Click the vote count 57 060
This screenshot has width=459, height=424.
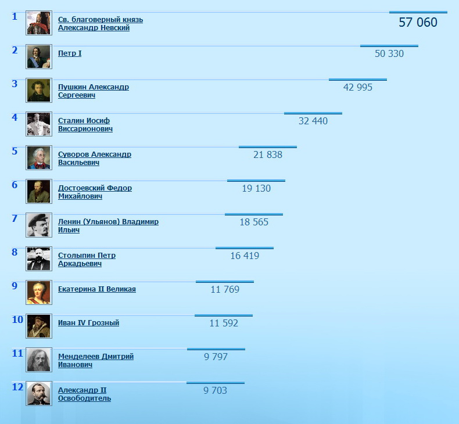tap(418, 23)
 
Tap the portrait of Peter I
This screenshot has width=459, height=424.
tap(39, 57)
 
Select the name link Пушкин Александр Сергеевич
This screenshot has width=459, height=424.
tap(93, 91)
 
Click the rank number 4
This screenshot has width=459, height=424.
tap(15, 117)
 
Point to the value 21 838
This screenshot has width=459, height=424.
tap(268, 155)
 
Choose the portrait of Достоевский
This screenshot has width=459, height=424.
tap(39, 192)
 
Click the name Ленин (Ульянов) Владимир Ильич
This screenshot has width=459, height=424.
tap(107, 225)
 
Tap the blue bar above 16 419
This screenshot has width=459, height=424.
tap(245, 248)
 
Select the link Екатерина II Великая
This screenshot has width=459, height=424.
tap(97, 289)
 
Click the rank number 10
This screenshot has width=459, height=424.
tap(17, 319)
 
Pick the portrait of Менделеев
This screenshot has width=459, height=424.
tap(39, 360)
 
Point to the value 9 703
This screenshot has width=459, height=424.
tap(215, 391)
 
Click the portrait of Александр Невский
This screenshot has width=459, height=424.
tap(39, 23)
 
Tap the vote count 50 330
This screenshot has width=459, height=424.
tap(389, 54)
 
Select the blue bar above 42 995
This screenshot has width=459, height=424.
tap(358, 80)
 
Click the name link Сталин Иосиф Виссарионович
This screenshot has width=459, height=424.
tap(85, 125)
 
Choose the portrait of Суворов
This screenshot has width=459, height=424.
tap(39, 158)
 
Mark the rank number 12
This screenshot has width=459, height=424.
tap(17, 387)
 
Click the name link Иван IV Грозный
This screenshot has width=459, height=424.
tap(88, 323)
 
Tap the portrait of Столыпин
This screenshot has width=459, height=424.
tap(39, 259)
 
